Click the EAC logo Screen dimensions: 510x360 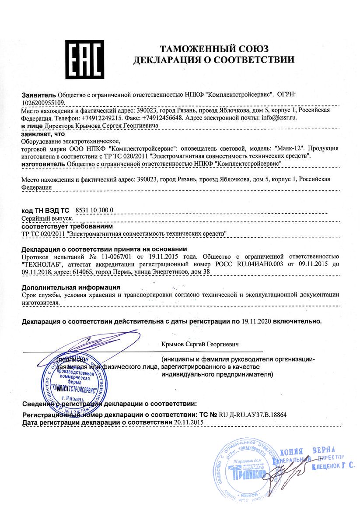coord(84,59)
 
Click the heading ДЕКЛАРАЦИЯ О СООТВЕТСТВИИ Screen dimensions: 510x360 coord(214,60)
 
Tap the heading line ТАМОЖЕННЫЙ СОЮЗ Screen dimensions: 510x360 coord(214,48)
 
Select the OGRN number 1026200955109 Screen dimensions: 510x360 coord(42,102)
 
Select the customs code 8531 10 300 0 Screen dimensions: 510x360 coord(95,210)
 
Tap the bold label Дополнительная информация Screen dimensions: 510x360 coord(71,288)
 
